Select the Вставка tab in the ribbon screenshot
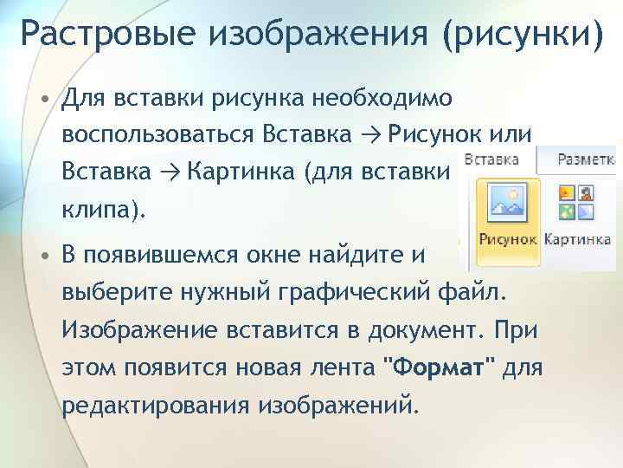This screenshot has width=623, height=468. (x=491, y=160)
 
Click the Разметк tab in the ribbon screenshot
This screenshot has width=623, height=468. (x=585, y=160)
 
